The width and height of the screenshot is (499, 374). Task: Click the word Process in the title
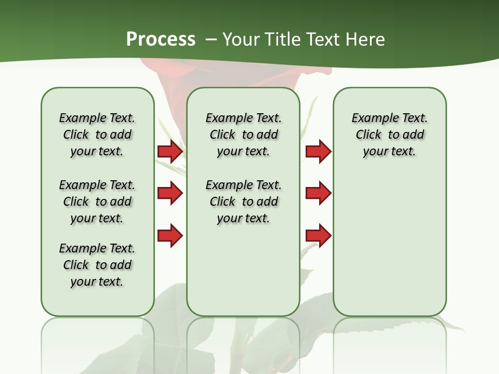(x=161, y=39)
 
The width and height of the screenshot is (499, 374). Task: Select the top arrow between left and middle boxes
(x=170, y=152)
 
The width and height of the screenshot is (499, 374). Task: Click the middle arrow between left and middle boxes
(x=170, y=194)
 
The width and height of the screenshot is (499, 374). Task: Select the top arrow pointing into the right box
(x=318, y=152)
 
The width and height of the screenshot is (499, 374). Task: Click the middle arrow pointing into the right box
(x=318, y=194)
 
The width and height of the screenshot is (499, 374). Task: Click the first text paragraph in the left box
(x=97, y=135)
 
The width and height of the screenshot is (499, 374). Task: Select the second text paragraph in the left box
(x=97, y=202)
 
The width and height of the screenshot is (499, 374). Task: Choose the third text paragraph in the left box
(x=97, y=265)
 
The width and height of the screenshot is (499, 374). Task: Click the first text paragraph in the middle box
(x=243, y=135)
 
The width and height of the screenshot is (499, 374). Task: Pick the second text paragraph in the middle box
(x=243, y=202)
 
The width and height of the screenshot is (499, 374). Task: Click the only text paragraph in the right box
(x=389, y=135)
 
